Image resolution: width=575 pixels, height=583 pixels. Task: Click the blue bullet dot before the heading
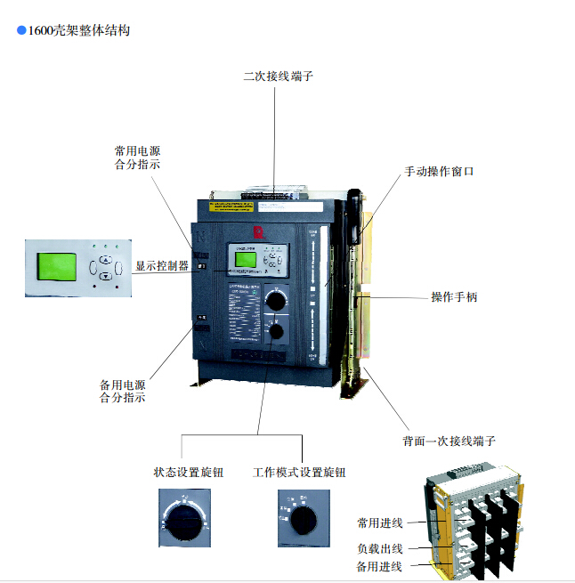[21, 30]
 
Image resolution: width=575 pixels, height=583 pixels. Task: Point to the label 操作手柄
[454, 296]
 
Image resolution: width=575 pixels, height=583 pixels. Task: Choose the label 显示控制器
[161, 265]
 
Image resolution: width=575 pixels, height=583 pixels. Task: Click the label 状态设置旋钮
[189, 473]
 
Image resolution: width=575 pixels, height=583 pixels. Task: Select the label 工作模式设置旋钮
[299, 473]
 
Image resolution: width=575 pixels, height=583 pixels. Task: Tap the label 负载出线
[380, 547]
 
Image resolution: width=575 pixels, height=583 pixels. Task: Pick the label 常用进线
[380, 522]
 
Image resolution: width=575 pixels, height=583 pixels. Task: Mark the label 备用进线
[380, 567]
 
